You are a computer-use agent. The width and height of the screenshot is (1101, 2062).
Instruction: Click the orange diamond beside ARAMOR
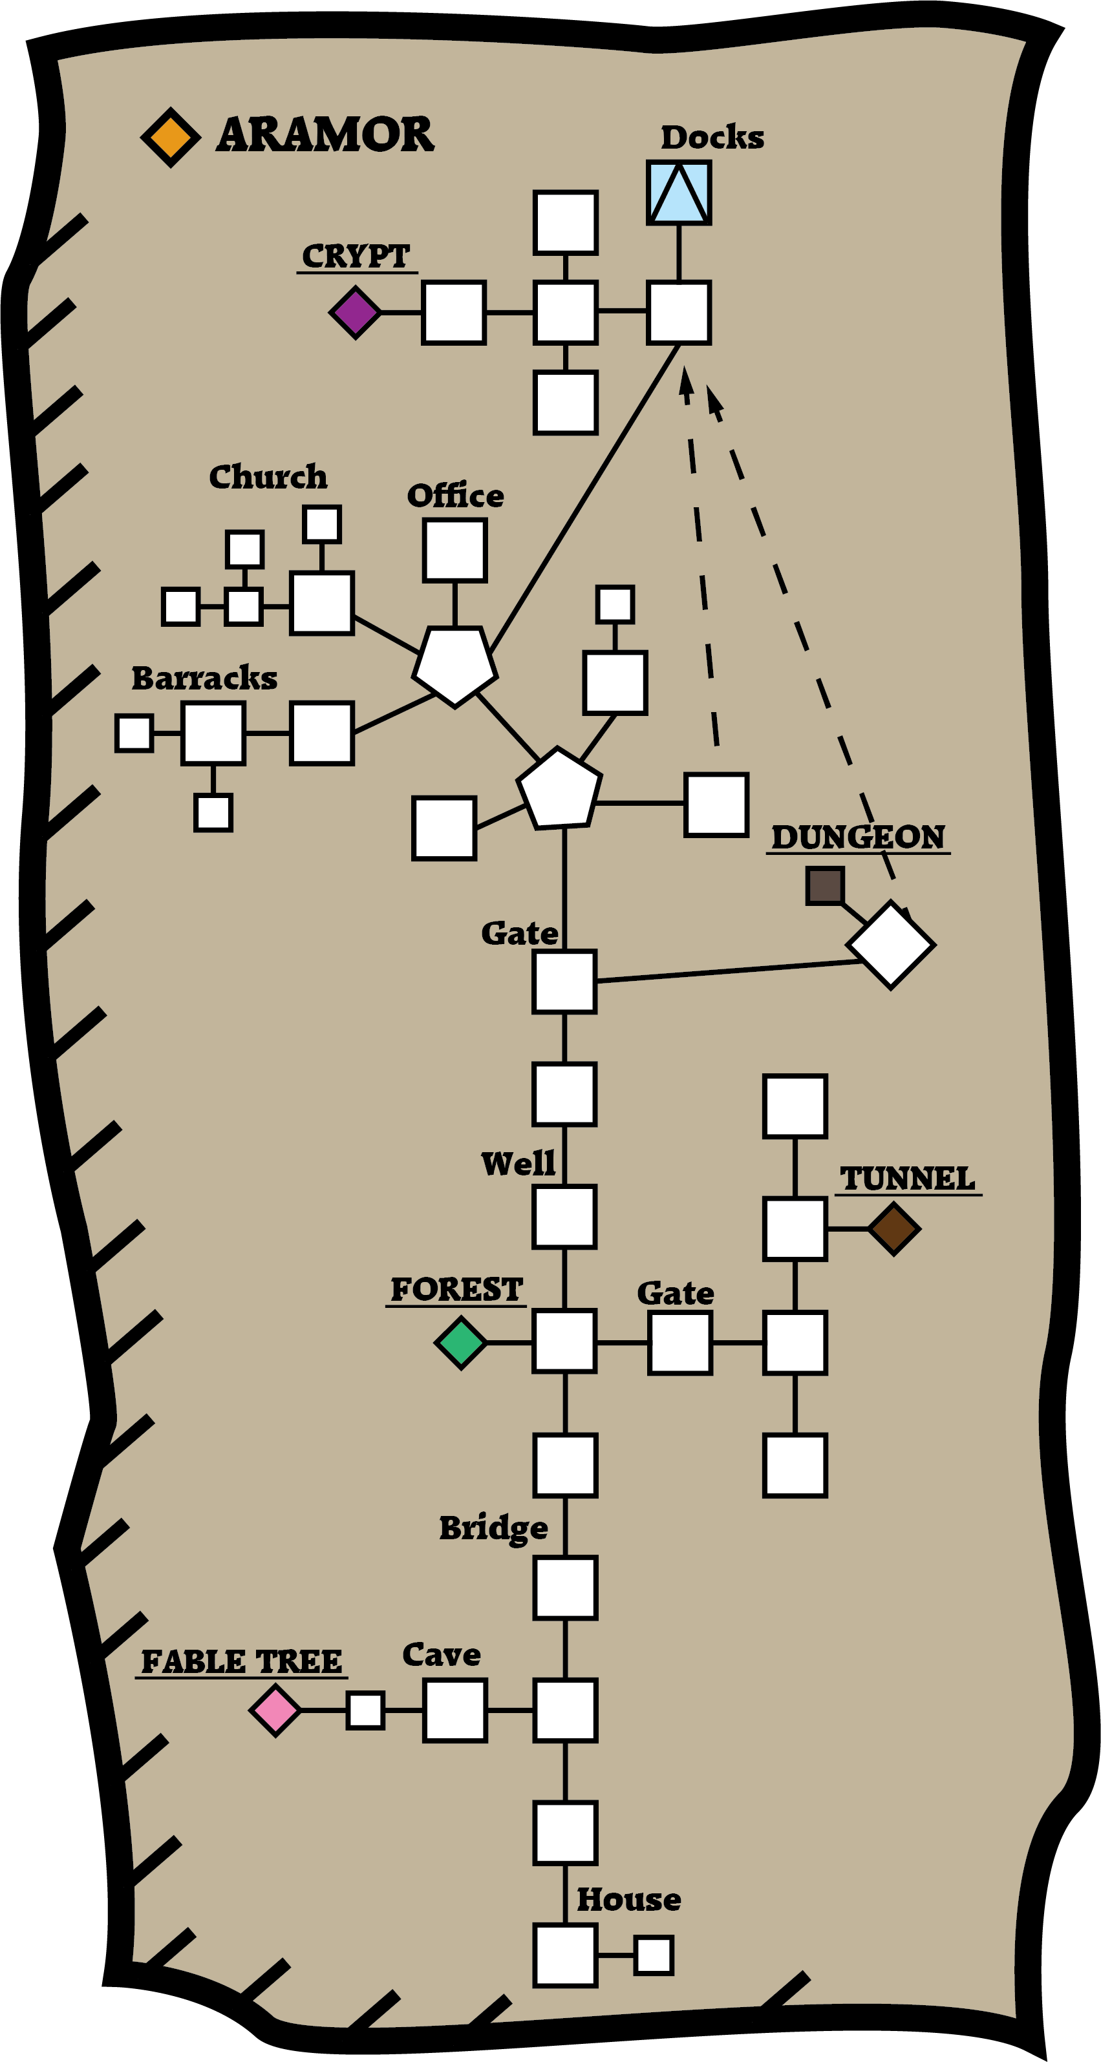coord(171,138)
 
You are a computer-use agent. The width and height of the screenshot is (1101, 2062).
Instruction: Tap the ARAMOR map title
coord(325,134)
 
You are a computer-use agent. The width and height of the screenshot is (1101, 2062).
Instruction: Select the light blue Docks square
coord(679,193)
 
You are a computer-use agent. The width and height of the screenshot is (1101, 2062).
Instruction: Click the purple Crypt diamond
coord(356,312)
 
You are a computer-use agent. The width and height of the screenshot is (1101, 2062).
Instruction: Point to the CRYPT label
coord(356,256)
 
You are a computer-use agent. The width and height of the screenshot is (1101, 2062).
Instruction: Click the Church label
coord(268,477)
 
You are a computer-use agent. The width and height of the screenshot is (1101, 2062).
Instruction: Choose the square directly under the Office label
coord(454,551)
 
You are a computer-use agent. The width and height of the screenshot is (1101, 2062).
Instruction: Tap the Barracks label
coord(204,678)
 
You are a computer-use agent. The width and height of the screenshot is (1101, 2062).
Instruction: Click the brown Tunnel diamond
coord(894,1228)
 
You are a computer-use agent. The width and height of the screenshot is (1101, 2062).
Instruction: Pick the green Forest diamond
coord(460,1342)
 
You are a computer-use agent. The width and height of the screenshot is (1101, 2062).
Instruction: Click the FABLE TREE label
coord(241,1662)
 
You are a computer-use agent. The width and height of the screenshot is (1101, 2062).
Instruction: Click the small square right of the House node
coord(654,1955)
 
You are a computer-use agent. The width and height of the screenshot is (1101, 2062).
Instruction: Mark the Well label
coord(517,1164)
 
